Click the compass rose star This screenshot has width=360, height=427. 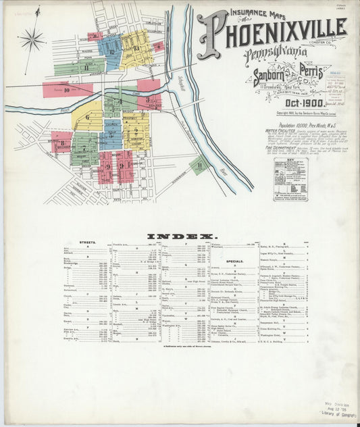pyautogui.click(x=31, y=40)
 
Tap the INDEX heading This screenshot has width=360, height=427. pyautogui.click(x=182, y=236)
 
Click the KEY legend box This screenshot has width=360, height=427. pyautogui.click(x=290, y=179)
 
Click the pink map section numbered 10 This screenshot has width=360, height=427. pyautogui.click(x=67, y=89)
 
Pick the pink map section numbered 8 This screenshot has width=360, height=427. pyautogui.click(x=61, y=143)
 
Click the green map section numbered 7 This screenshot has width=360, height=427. pyautogui.click(x=84, y=149)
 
